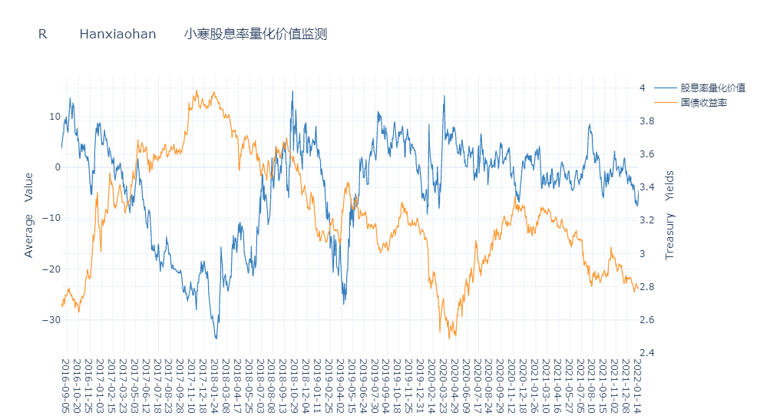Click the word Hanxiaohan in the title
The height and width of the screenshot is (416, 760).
tap(117, 34)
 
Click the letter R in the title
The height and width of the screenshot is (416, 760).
tap(43, 34)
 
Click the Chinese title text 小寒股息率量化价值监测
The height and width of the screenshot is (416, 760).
tap(256, 34)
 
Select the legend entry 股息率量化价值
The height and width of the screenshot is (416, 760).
tap(713, 88)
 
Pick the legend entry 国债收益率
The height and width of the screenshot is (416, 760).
tap(703, 102)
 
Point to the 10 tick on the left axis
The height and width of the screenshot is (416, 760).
tap(55, 117)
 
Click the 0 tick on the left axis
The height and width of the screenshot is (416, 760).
tap(57, 167)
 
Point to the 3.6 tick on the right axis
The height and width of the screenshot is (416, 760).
tap(646, 154)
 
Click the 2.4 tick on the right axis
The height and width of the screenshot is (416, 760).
tap(646, 353)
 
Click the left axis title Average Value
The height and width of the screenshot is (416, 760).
tap(29, 214)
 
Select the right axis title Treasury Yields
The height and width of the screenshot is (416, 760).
tap(669, 214)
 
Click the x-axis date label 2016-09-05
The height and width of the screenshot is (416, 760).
tap(64, 385)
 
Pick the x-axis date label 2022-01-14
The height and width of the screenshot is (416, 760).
tap(636, 385)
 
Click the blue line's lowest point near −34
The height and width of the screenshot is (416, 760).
tap(216, 338)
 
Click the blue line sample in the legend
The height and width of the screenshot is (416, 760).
tap(666, 88)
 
